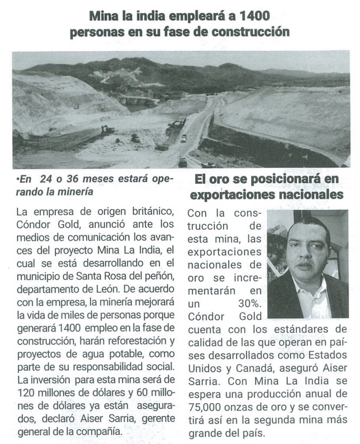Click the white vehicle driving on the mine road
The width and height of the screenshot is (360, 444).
point(184,138)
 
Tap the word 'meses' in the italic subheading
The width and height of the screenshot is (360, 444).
point(90,179)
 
